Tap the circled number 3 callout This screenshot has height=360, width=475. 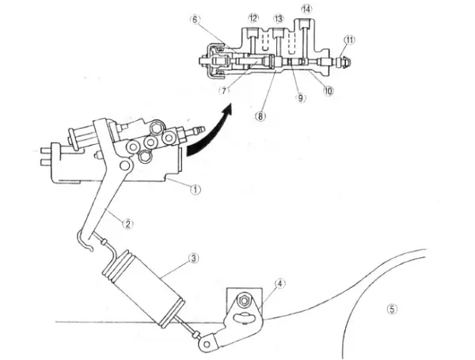[192, 258]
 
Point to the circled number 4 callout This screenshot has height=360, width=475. [279, 282]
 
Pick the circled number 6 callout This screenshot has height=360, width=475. [195, 21]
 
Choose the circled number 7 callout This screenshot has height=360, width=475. [225, 90]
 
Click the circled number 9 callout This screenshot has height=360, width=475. [301, 98]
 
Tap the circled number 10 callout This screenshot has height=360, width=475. [328, 90]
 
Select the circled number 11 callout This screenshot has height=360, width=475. [350, 39]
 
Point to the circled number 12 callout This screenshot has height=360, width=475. [253, 17]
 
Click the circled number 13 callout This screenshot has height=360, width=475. [278, 17]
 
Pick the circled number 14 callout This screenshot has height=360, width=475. [306, 9]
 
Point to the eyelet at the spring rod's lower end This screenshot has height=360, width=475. [209, 343]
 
